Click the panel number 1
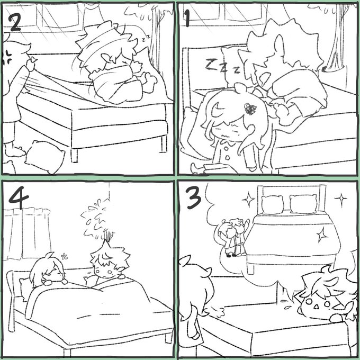(x=187, y=19)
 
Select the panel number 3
(x=194, y=198)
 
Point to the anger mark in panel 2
(x=7, y=57)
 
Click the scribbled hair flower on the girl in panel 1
(x=250, y=109)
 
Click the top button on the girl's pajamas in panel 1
(x=226, y=149)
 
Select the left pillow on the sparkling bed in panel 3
(x=272, y=204)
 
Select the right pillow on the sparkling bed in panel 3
(x=303, y=203)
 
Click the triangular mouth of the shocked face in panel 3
(x=316, y=307)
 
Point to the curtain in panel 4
(x=28, y=233)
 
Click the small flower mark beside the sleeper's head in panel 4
(x=64, y=256)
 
